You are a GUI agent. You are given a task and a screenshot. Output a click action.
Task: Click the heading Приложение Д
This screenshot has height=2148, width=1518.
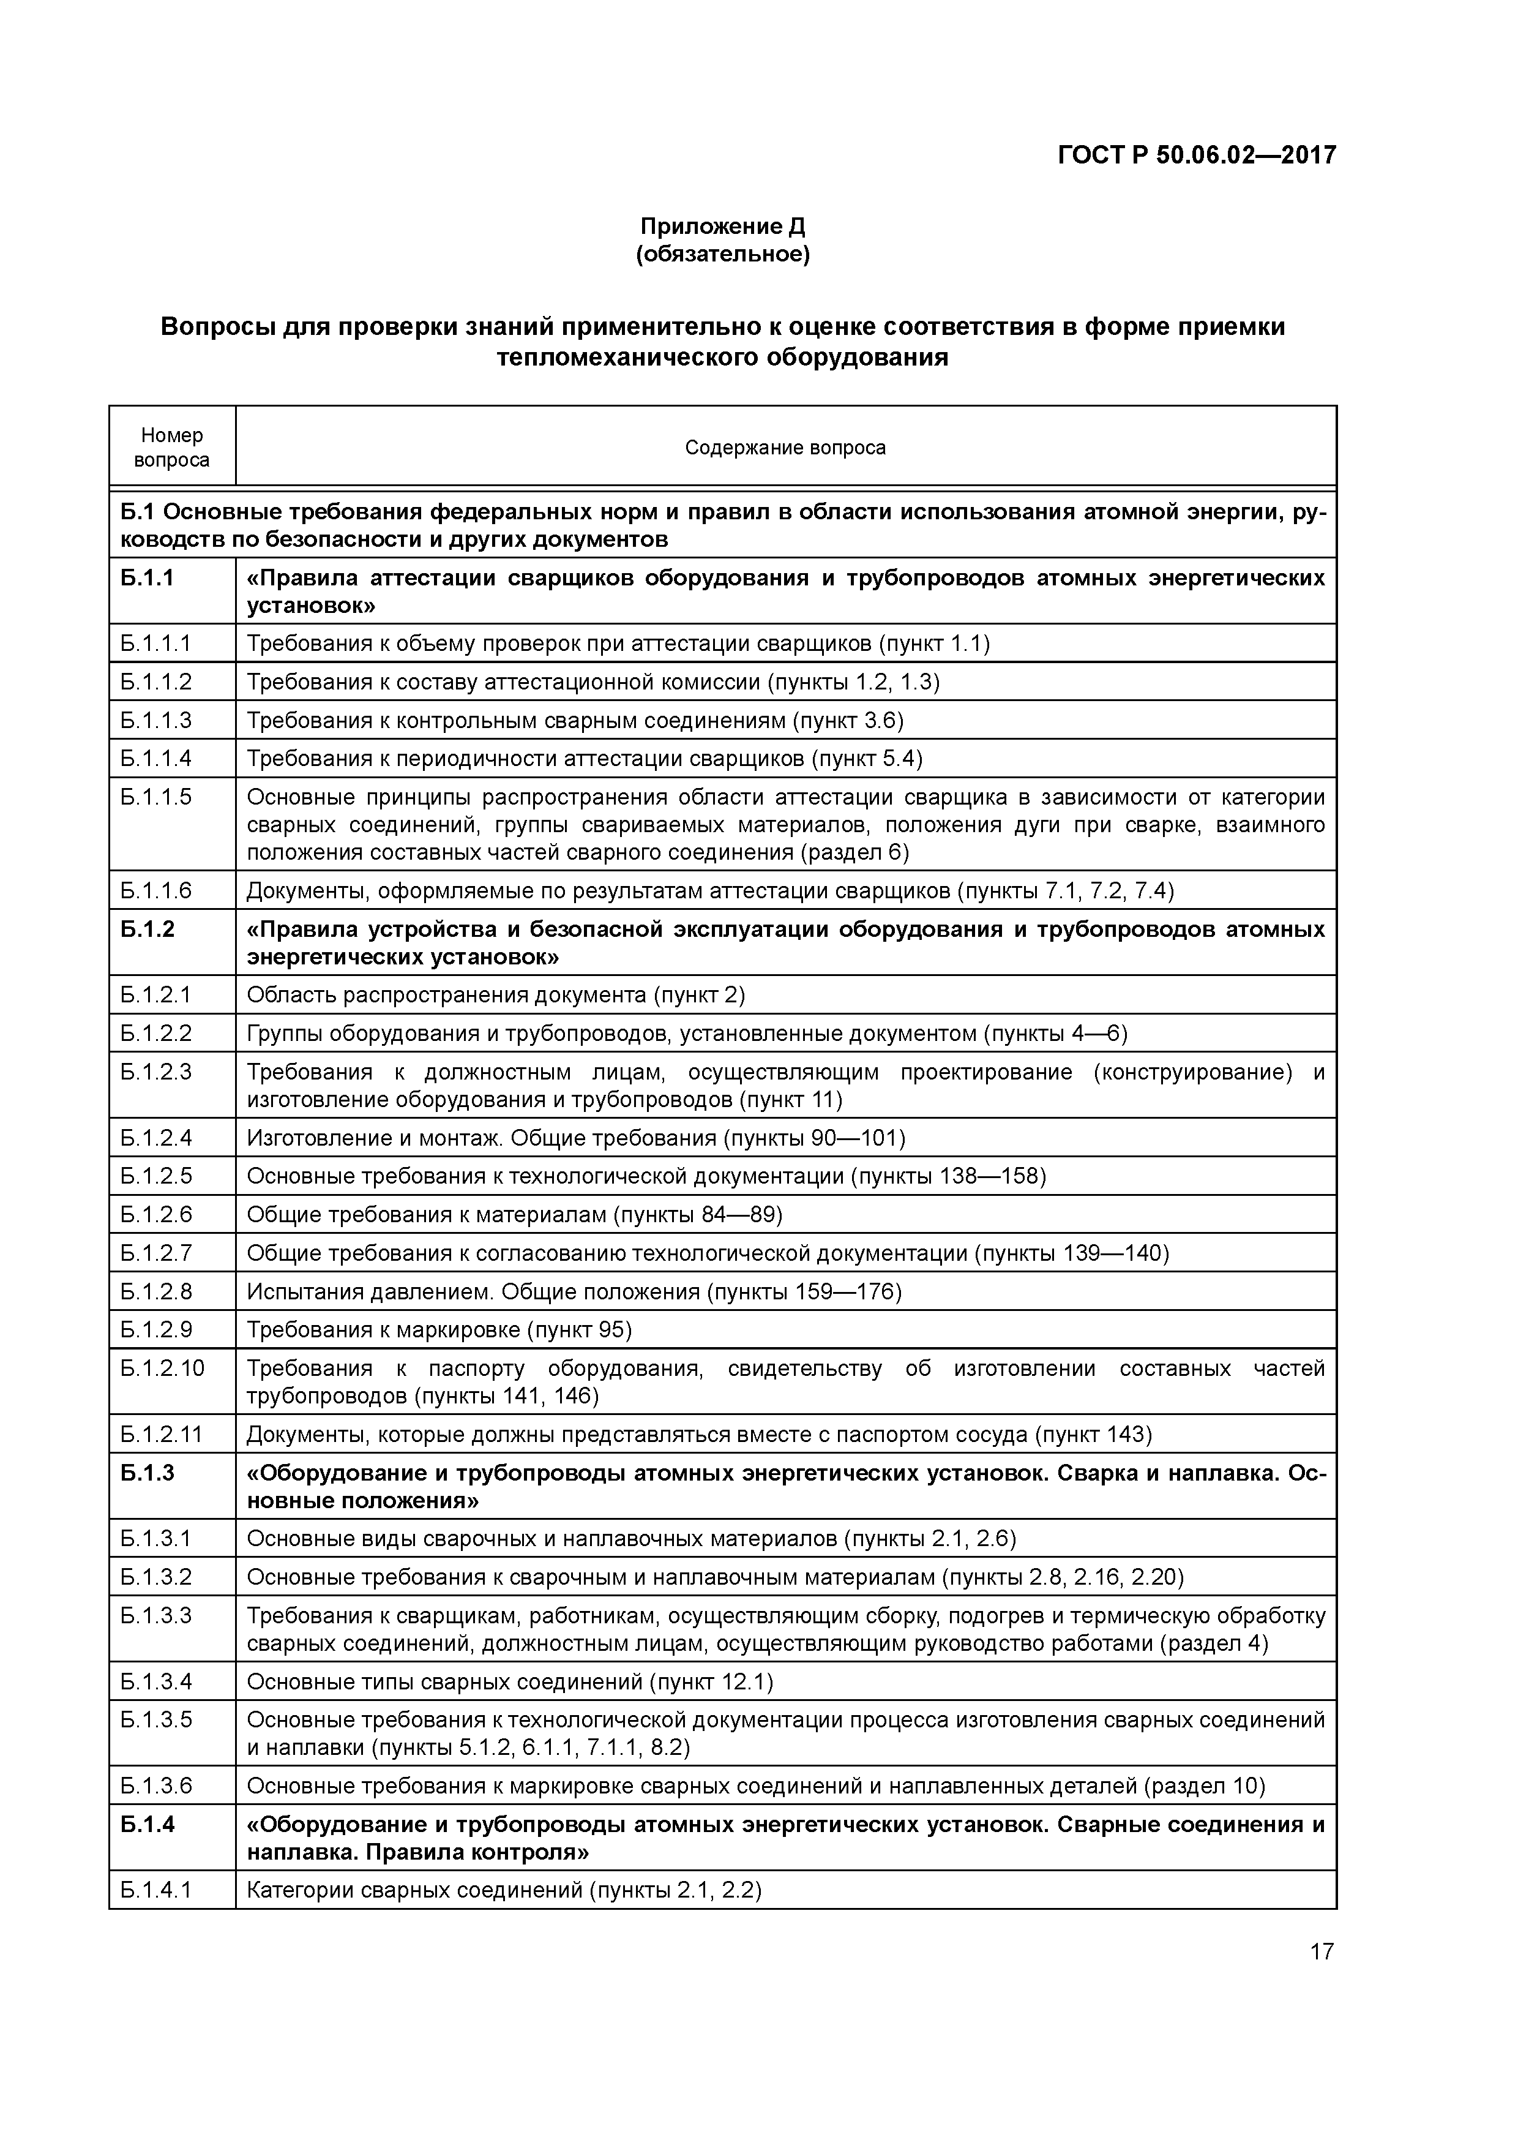tap(722, 227)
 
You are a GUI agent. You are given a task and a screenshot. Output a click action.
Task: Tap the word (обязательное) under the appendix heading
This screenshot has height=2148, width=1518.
tap(722, 255)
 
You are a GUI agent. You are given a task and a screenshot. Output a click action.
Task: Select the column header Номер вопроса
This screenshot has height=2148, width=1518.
tap(172, 447)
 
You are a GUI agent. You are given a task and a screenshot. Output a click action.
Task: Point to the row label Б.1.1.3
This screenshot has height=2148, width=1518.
tap(155, 719)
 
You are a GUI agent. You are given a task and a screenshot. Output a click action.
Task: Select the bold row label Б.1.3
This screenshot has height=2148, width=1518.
tap(148, 1473)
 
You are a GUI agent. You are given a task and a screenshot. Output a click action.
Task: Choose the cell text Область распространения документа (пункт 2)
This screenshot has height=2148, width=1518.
tap(496, 994)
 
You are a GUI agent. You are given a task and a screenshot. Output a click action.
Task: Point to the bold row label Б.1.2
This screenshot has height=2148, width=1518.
tap(148, 929)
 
